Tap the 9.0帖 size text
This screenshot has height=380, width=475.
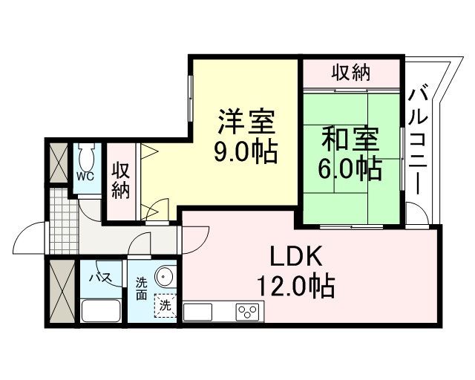tap(246, 152)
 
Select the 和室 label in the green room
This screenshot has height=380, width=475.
tap(350, 140)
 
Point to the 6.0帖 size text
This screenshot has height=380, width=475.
tap(350, 169)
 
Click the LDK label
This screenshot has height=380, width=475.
tap(295, 257)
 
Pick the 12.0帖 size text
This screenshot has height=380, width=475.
tap(295, 285)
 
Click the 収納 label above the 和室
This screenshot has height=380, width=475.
tap(350, 73)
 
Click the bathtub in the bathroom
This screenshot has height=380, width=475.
tap(101, 309)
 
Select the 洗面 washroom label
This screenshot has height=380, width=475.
tap(142, 288)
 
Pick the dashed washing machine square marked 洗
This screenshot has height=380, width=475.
tap(164, 305)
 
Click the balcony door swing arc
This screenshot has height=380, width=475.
tap(418, 214)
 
